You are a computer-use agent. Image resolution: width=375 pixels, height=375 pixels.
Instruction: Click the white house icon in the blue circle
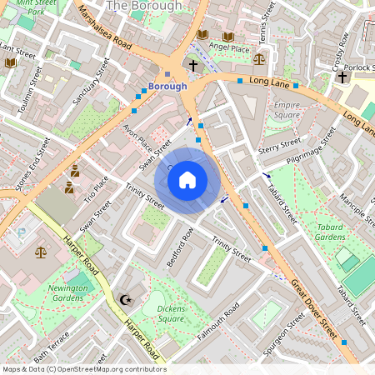(187, 179)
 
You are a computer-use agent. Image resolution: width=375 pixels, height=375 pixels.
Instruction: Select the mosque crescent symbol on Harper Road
(127, 299)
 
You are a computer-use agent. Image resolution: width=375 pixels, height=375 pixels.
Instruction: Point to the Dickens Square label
(171, 313)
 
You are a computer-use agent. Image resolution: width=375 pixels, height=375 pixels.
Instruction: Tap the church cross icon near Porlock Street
(342, 77)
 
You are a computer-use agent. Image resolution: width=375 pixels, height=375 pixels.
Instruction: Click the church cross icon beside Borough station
(192, 64)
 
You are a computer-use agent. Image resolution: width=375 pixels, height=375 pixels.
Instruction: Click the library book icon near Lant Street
(10, 62)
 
